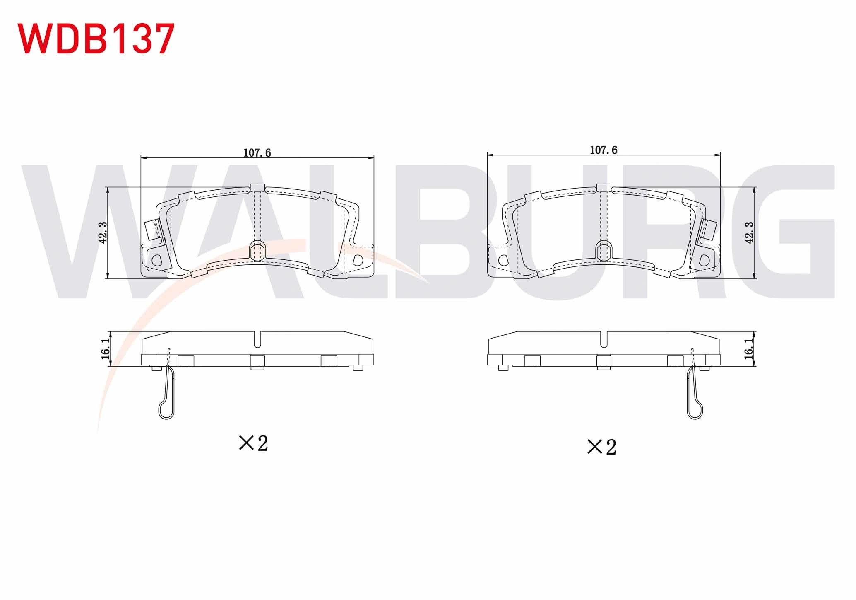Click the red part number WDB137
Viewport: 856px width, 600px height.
pos(96,39)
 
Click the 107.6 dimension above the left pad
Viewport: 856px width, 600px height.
pos(257,153)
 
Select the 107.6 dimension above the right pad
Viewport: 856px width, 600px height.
pos(604,150)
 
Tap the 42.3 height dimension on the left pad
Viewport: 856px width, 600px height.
pos(103,232)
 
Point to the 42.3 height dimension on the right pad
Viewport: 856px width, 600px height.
pos(749,232)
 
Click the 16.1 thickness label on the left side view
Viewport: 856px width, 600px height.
pos(105,348)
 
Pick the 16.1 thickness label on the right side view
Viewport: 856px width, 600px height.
pos(749,348)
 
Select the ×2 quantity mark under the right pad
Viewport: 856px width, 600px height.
pos(602,447)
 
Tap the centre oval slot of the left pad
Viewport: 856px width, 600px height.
pos(257,251)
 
